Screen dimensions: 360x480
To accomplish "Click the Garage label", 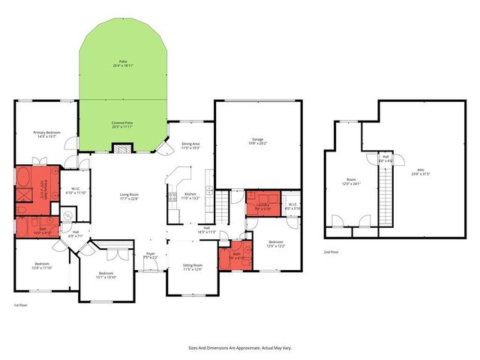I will tap(257, 142).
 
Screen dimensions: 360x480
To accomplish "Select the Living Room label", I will tap(130, 196).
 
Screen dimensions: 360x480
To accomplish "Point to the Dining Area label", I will tap(190, 145).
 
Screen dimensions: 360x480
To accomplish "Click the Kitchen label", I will tap(190, 196).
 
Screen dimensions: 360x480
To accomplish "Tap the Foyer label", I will tap(150, 256).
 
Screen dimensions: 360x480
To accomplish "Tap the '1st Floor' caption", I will tap(20, 306).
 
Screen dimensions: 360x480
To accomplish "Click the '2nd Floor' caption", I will tap(331, 253).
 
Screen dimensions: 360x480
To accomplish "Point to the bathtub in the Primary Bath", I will tap(24, 181).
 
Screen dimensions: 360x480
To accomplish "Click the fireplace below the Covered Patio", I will tap(121, 148).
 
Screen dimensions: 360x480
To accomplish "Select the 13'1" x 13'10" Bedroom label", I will tap(105, 275).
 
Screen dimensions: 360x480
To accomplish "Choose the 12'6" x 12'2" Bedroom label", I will tap(275, 244).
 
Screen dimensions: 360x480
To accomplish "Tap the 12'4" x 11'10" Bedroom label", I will tap(42, 265).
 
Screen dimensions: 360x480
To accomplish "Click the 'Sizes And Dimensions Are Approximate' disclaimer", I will tap(239, 348).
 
